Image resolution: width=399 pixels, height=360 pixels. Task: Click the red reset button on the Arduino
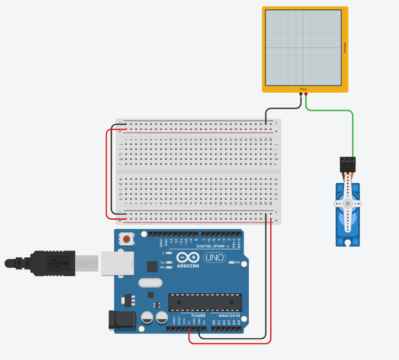coord(126,240)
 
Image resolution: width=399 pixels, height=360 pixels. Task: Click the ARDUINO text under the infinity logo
coord(187,266)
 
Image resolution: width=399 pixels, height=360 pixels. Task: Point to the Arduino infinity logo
coord(187,257)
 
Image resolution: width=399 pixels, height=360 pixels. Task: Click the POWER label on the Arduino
coord(198,316)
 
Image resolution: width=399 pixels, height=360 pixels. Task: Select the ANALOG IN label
coord(229,316)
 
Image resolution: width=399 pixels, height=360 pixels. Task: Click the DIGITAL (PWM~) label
coord(212,246)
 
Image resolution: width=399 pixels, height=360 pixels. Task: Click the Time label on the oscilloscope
coord(304,90)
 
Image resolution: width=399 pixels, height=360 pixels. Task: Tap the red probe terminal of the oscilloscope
coord(306,94)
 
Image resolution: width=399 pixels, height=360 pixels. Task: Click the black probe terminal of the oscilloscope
coord(301,94)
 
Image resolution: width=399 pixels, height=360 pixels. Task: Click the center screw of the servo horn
coord(347,204)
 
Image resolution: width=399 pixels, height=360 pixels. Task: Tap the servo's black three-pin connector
coord(347,165)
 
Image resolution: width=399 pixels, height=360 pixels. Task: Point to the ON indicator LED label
coord(237,263)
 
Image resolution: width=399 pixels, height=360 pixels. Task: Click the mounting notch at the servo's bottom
coord(347,242)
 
